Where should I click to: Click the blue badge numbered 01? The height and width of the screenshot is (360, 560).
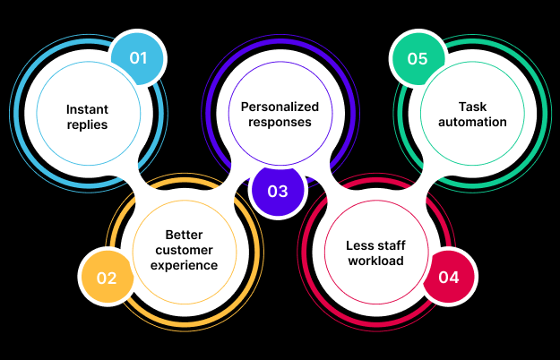click(137, 59)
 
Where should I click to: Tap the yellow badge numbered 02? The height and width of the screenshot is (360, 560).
click(107, 278)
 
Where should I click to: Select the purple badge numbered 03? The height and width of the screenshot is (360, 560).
click(278, 191)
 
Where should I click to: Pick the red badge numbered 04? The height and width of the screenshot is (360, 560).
click(449, 278)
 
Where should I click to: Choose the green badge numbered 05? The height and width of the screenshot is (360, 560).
click(418, 59)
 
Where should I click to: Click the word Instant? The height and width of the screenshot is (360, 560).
click(87, 109)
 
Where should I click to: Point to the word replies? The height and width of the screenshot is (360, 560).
click(87, 124)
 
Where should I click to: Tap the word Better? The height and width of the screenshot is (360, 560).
click(184, 235)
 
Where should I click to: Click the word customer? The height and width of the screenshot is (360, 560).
click(185, 250)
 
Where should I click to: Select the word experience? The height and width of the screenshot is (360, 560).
click(185, 265)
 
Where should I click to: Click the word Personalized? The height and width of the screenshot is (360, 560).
click(280, 106)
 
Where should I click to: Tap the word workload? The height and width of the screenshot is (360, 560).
click(375, 261)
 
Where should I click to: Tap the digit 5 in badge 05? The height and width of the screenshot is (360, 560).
click(424, 59)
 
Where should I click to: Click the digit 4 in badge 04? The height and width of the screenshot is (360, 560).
click(455, 278)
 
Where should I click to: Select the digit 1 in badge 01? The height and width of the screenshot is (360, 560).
click(143, 59)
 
